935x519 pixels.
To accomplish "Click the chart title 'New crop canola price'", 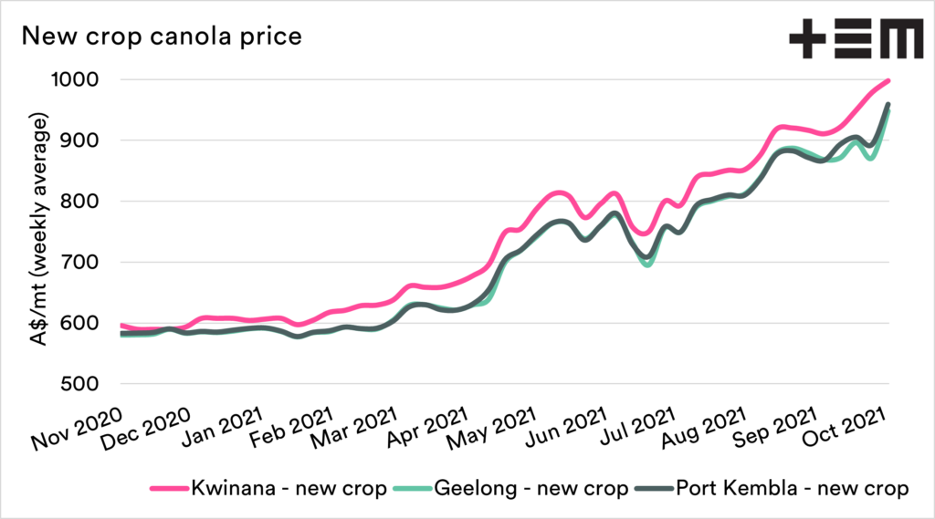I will [162, 37].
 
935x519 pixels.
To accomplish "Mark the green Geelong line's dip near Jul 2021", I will [647, 265].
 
